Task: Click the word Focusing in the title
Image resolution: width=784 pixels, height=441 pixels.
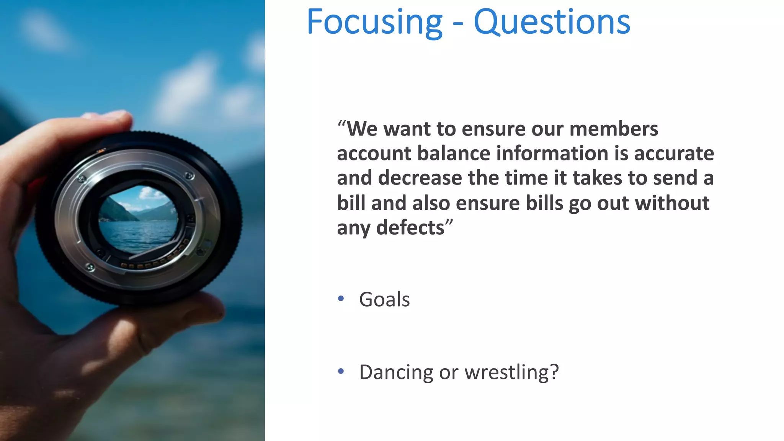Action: [x=374, y=23]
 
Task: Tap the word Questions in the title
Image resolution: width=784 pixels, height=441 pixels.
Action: [x=552, y=23]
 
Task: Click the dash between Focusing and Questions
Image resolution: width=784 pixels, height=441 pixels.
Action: [x=458, y=24]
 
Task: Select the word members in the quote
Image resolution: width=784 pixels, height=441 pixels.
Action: [x=614, y=129]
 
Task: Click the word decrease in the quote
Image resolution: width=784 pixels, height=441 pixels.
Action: [x=420, y=178]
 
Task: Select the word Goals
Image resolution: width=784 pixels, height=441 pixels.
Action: [x=384, y=299]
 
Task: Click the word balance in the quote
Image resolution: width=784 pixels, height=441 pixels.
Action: [x=454, y=154]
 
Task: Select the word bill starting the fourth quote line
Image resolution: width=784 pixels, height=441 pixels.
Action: [x=351, y=203]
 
